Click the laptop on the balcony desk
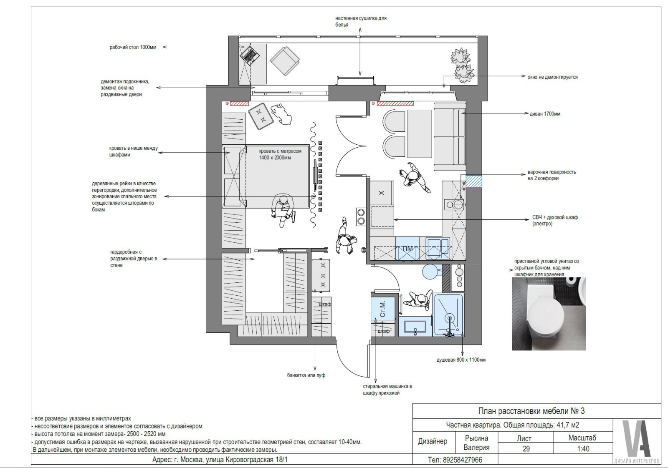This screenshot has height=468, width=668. pyautogui.click(x=250, y=54)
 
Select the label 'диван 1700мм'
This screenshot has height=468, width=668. pyautogui.click(x=545, y=114)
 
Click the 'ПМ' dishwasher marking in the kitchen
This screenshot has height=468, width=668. pyautogui.click(x=407, y=249)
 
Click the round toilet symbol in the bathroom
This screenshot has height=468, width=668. pyautogui.click(x=430, y=272)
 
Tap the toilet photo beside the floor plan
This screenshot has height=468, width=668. pyautogui.click(x=549, y=314)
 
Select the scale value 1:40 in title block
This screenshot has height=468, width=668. pyautogui.click(x=583, y=449)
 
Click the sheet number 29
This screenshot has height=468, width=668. pyautogui.click(x=526, y=449)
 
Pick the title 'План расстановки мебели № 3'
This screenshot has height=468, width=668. pyautogui.click(x=531, y=411)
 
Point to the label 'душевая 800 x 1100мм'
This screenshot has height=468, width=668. pyautogui.click(x=461, y=360)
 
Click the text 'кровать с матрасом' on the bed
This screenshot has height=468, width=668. pyautogui.click(x=280, y=151)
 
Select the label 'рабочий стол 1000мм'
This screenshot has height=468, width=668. pyautogui.click(x=133, y=47)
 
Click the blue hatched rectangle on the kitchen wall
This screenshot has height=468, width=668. pyautogui.click(x=474, y=181)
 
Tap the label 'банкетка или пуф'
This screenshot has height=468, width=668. pyautogui.click(x=306, y=375)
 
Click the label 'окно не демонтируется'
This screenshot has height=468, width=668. pyautogui.click(x=553, y=77)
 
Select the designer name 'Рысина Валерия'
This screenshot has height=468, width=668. pyautogui.click(x=476, y=443)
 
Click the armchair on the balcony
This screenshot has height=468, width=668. pyautogui.click(x=284, y=60)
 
